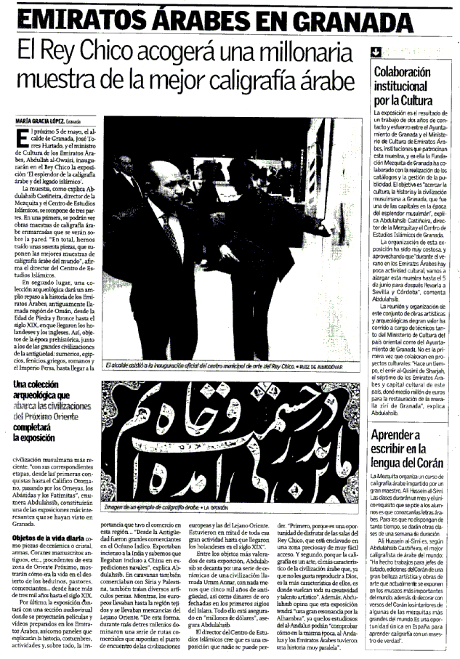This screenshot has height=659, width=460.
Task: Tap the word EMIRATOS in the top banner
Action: click(85, 19)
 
